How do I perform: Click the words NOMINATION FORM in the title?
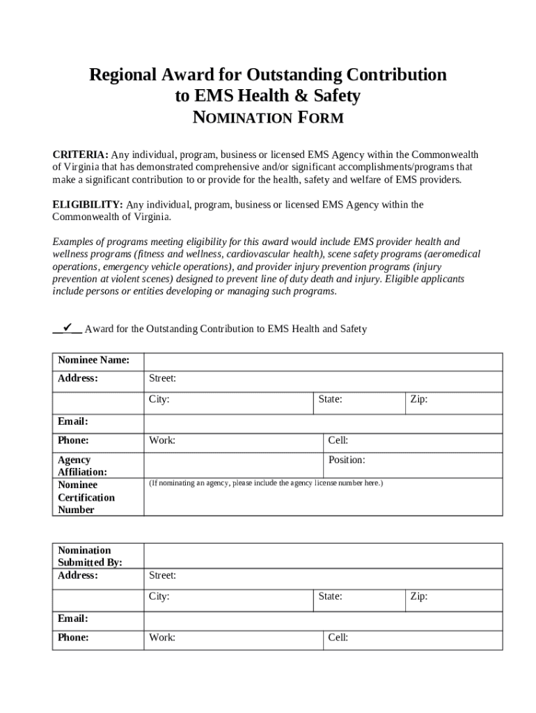(267, 118)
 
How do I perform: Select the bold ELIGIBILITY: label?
(88, 205)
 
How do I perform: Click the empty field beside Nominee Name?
(322, 361)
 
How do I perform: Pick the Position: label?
(347, 460)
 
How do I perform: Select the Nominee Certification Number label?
(86, 497)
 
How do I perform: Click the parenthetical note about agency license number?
(265, 483)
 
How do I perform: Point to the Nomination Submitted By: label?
(90, 556)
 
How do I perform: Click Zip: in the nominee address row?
(418, 400)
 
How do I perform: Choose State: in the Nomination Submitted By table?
(330, 597)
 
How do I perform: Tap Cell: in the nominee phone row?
(338, 441)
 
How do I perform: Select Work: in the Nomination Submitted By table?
(161, 637)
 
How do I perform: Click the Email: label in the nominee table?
(73, 422)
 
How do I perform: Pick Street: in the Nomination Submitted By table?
(162, 576)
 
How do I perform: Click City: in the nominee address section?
(159, 400)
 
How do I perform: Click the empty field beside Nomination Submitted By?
(322, 556)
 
